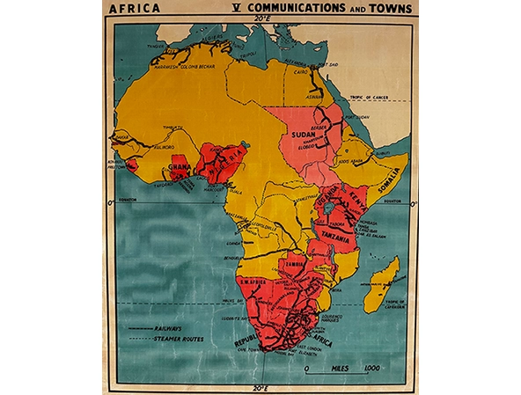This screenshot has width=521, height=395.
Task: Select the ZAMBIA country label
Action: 294,262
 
